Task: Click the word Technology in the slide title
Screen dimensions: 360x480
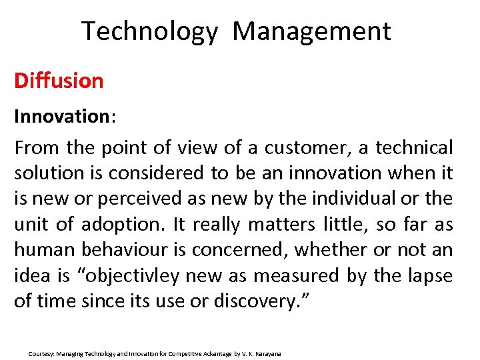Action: point(149,32)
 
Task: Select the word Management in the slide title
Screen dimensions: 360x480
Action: point(311,32)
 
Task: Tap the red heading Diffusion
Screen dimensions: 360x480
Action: point(59,81)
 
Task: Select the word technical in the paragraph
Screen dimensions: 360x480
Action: point(414,147)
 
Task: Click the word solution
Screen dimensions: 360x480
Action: point(47,173)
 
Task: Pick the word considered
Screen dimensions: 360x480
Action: point(159,173)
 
